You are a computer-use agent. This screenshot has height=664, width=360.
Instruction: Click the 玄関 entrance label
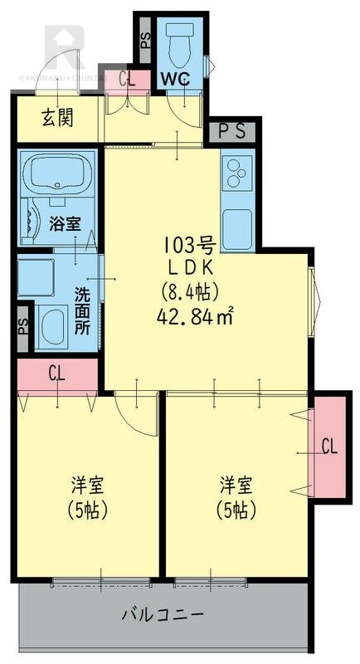[x=57, y=118]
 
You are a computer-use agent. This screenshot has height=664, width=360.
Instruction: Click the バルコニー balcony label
[x=163, y=616]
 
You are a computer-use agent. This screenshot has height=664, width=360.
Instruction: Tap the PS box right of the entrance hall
[x=231, y=131]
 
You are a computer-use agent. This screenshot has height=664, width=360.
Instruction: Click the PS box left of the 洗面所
[x=23, y=325]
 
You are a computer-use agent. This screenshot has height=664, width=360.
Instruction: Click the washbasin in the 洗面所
[x=55, y=325]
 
